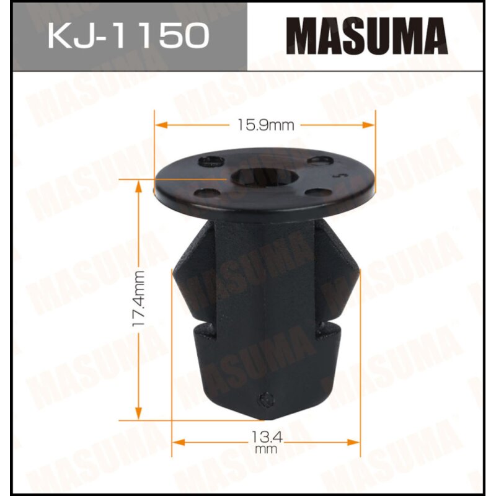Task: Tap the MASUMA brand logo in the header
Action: [370, 36]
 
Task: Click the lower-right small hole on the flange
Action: [316, 193]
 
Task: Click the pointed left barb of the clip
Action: [174, 270]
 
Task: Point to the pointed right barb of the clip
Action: [358, 270]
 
